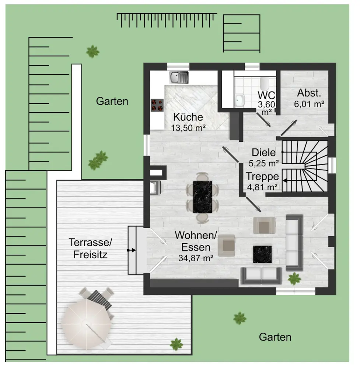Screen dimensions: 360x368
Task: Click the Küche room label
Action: tap(188, 117)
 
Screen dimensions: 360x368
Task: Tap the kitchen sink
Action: tap(179, 77)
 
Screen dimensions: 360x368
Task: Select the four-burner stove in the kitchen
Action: tap(157, 105)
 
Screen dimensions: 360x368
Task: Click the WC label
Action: tap(267, 96)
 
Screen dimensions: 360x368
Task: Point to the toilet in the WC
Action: tap(266, 83)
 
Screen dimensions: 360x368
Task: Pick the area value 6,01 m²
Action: tap(309, 104)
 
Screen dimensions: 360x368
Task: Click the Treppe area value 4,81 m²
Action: tap(262, 187)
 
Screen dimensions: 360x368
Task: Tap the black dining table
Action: tap(203, 197)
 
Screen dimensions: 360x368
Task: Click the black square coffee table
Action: tap(262, 254)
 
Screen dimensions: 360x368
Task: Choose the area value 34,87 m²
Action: tap(196, 258)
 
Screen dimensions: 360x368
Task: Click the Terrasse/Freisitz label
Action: tap(90, 248)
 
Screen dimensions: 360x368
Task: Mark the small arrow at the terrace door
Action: tap(131, 250)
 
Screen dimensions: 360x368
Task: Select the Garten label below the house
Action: tap(275, 337)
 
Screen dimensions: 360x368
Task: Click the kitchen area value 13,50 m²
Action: tap(188, 128)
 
